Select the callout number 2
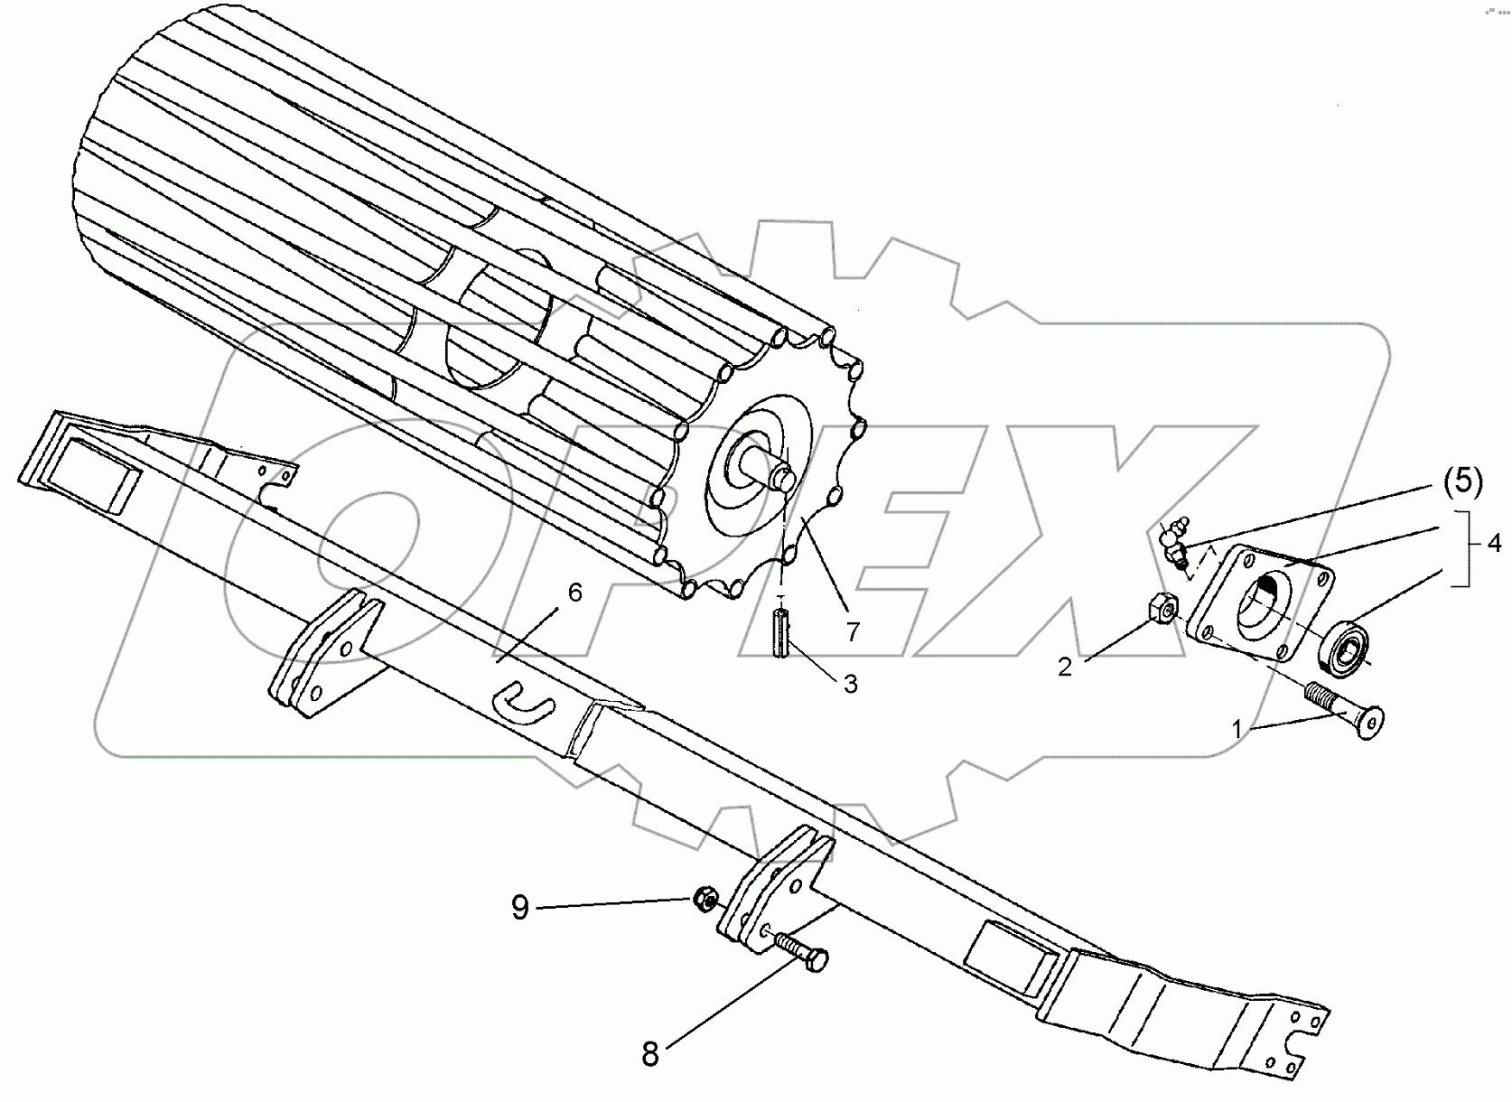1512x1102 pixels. pyautogui.click(x=1065, y=668)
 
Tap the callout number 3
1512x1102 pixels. pyautogui.click(x=850, y=684)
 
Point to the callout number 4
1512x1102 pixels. pyautogui.click(x=1496, y=543)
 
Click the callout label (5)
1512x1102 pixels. pyautogui.click(x=1462, y=483)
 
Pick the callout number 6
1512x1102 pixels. pyautogui.click(x=574, y=593)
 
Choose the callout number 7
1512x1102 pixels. pyautogui.click(x=852, y=631)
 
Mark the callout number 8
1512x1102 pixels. pyautogui.click(x=650, y=1054)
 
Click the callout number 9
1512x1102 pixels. pyautogui.click(x=519, y=906)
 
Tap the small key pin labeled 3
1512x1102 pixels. pyautogui.click(x=781, y=635)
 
